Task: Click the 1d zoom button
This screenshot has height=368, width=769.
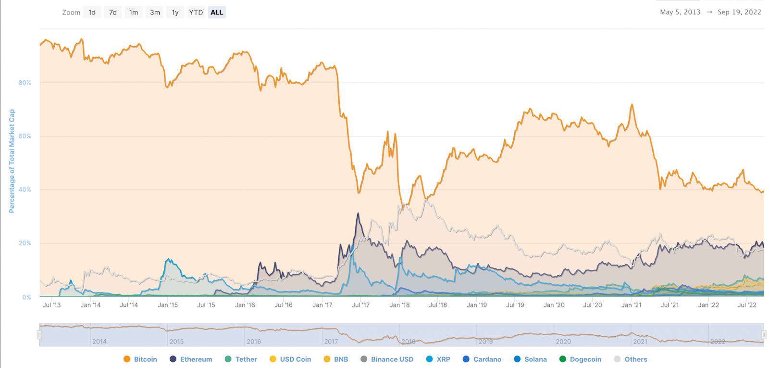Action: [x=92, y=13]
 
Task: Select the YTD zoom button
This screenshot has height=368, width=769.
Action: [x=196, y=13]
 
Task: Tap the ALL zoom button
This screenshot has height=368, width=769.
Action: [x=217, y=13]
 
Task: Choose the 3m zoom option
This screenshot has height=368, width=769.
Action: [x=155, y=13]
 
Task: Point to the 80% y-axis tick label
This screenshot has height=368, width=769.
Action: [x=25, y=83]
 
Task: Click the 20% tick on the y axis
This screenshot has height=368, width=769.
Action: [x=25, y=243]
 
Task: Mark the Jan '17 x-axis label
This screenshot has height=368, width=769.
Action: [x=322, y=305]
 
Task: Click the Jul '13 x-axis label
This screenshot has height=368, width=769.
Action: [x=52, y=305]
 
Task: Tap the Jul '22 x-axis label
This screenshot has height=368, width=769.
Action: [x=747, y=305]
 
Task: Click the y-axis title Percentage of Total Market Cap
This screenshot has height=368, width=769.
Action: [x=12, y=161]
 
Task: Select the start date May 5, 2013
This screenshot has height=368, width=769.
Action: [x=680, y=12]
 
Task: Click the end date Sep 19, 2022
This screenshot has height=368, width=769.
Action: [x=739, y=12]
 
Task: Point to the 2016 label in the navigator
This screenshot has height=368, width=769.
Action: [x=254, y=342]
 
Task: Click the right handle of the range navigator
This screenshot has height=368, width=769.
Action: [x=763, y=335]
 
